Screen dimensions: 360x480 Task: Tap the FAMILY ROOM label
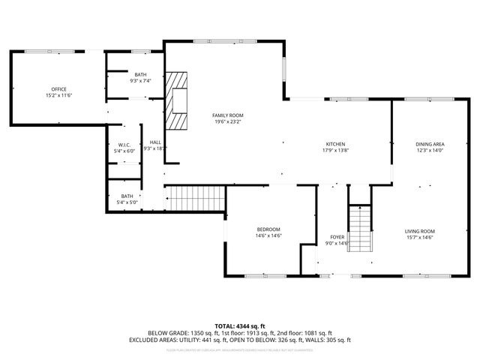(228, 115)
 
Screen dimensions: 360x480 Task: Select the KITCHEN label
(334, 144)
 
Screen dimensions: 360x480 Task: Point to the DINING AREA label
(430, 144)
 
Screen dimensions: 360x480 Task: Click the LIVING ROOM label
(420, 231)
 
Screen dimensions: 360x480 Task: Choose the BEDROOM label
(268, 229)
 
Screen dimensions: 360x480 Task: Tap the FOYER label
(337, 236)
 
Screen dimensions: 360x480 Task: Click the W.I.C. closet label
(124, 145)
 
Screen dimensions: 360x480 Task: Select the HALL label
(155, 142)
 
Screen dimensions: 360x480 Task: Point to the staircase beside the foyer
(361, 229)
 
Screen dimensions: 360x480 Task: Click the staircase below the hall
(195, 199)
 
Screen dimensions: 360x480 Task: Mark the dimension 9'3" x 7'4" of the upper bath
(141, 81)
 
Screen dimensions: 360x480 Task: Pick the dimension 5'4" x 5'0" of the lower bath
(127, 202)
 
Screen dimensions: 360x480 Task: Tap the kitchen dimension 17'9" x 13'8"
(334, 151)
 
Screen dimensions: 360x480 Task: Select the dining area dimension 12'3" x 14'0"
(430, 151)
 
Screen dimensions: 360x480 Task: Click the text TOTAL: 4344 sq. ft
(240, 326)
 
